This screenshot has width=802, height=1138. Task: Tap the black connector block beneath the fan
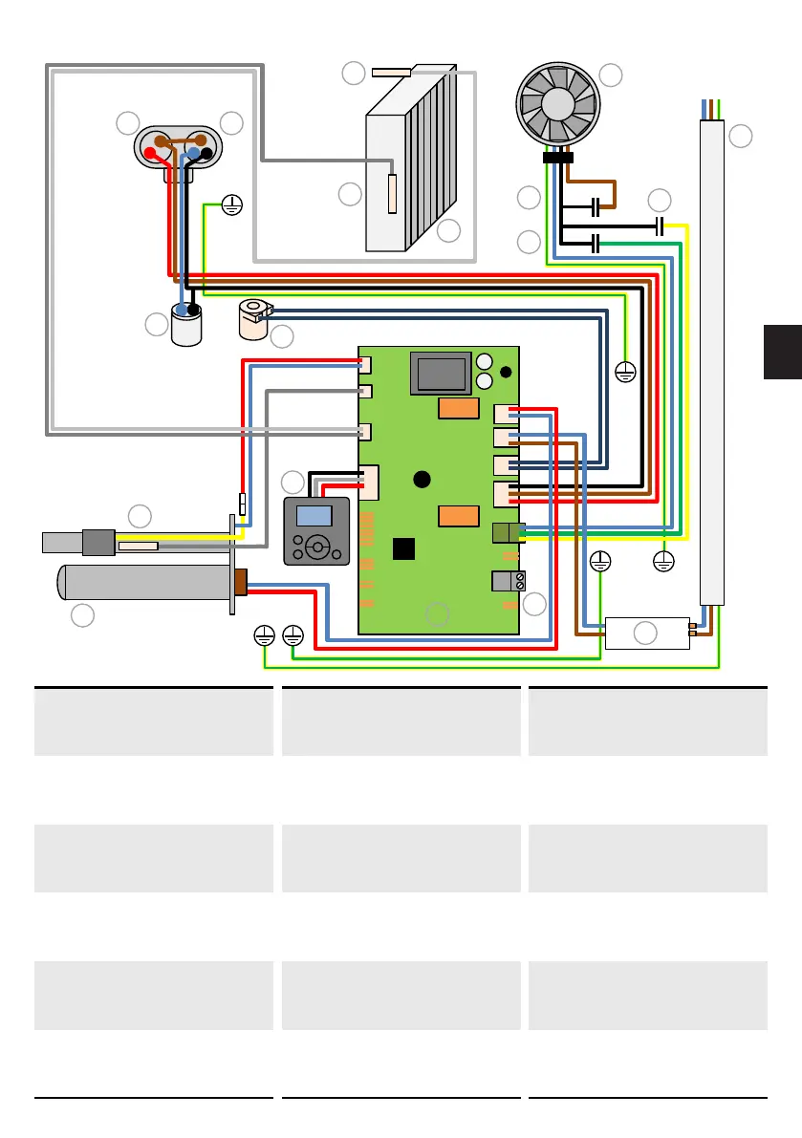(x=557, y=158)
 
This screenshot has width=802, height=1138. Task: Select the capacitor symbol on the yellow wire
(x=660, y=226)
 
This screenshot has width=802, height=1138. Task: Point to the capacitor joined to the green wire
(x=596, y=243)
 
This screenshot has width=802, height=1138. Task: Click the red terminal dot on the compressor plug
(x=150, y=153)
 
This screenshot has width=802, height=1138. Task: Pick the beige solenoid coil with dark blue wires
(x=254, y=319)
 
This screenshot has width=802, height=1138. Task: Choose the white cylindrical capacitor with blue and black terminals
(x=187, y=325)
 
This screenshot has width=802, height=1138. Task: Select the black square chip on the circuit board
(x=405, y=548)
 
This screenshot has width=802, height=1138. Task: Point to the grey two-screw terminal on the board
(x=507, y=580)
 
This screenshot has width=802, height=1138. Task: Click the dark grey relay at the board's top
(x=441, y=374)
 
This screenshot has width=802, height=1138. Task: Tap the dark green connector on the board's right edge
(x=507, y=533)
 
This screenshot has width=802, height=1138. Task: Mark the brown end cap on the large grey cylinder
(x=241, y=582)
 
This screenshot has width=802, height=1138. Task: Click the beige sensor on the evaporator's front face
(x=393, y=194)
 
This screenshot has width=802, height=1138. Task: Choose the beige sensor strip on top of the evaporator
(x=391, y=72)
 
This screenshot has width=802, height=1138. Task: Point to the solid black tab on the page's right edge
(x=783, y=352)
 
